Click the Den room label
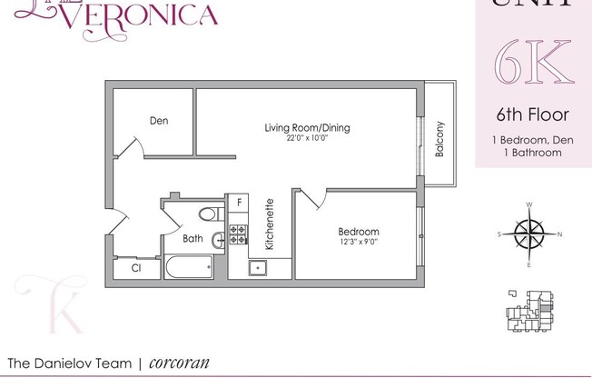coord(158,120)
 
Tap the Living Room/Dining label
coord(307,127)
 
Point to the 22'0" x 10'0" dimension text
coord(307,138)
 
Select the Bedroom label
coord(358,232)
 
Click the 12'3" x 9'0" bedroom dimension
coord(358,243)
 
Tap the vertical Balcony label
coord(440,140)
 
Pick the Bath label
coord(192,239)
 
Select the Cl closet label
coord(136,268)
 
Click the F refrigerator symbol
coord(240,203)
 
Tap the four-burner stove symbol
coord(239,234)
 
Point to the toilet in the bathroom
coord(209,214)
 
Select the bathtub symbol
coord(189,267)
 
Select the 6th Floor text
coord(532,114)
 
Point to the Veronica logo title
coord(151,15)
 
